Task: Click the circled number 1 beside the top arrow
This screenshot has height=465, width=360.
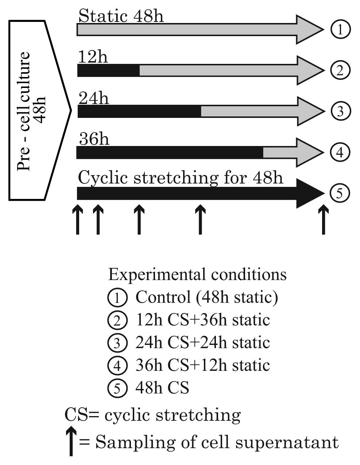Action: (340, 30)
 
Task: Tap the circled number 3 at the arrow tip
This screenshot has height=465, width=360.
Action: (340, 111)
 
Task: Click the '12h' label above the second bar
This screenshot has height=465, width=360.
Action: (93, 57)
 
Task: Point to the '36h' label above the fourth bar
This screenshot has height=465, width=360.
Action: (94, 139)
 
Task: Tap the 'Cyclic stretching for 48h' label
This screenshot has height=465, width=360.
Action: (181, 178)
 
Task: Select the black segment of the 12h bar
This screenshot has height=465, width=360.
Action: (108, 70)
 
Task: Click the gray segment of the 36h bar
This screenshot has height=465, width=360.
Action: (281, 152)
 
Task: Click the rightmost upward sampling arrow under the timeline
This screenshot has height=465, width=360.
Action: (323, 220)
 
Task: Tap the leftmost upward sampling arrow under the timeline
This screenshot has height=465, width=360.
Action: (77, 220)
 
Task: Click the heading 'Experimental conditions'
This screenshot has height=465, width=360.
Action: (197, 274)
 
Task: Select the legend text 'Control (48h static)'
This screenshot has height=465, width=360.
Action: (207, 297)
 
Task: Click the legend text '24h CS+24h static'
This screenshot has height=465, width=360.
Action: (203, 343)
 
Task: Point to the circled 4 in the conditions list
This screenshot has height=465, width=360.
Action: (117, 366)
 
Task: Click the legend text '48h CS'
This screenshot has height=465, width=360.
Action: (162, 388)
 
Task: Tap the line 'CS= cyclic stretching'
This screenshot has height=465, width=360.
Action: (153, 415)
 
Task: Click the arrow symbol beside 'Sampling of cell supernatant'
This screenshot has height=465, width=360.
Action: (71, 442)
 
